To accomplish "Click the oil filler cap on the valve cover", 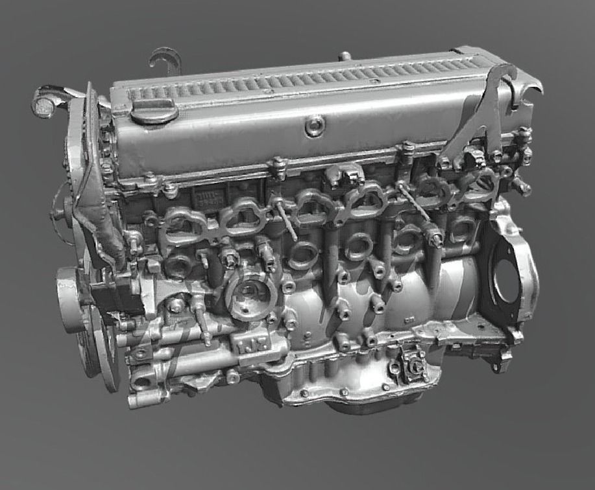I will pyautogui.click(x=154, y=111).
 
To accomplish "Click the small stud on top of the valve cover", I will pyautogui.click(x=345, y=56).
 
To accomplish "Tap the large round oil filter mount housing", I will pyautogui.click(x=250, y=295).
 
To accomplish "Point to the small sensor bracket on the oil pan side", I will pyautogui.click(x=412, y=366).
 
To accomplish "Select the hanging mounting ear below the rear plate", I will pyautogui.click(x=501, y=363).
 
